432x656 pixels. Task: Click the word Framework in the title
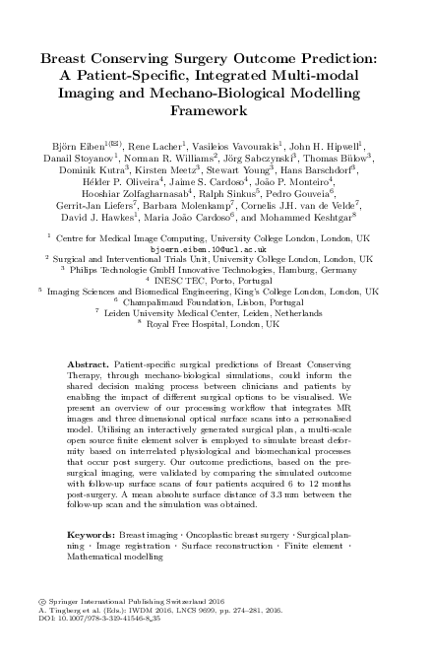click(216, 114)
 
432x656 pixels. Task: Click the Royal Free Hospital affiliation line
click(218, 322)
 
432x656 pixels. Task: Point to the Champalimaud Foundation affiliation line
click(217, 301)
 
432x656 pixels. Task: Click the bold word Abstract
click(87, 365)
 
